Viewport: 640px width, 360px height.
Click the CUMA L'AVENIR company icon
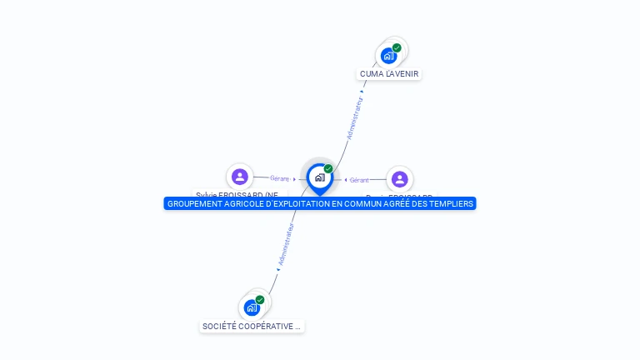point(388,56)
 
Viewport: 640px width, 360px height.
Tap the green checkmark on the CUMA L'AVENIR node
point(397,47)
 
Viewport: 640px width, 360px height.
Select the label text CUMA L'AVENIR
point(389,74)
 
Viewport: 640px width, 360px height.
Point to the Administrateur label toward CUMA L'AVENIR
point(354,118)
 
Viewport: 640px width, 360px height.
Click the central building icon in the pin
point(319,177)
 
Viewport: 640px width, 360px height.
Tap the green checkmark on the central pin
point(328,169)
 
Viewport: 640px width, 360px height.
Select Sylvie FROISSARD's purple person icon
point(240,177)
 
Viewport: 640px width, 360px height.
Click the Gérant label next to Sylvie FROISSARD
point(279,178)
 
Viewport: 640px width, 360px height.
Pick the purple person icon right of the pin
point(399,179)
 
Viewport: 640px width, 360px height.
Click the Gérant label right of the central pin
point(359,180)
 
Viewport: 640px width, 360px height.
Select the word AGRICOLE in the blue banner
point(246,203)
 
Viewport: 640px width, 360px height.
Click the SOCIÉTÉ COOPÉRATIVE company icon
point(252,307)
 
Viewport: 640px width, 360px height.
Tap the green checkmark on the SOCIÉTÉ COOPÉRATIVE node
point(260,299)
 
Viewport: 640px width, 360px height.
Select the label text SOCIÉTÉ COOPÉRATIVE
point(252,327)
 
